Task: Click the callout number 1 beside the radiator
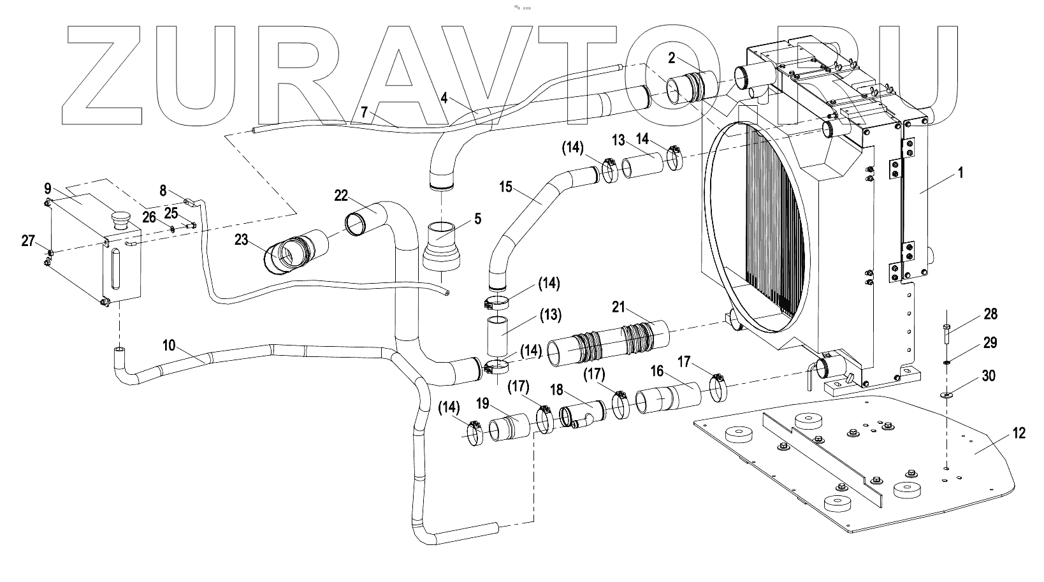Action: [x=961, y=172]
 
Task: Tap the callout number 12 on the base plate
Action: [x=1018, y=433]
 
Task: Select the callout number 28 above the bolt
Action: [x=990, y=314]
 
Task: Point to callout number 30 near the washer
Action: [x=988, y=375]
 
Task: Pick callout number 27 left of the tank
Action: [x=28, y=240]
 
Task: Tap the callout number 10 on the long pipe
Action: [x=169, y=345]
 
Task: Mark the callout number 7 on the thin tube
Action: [x=364, y=112]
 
